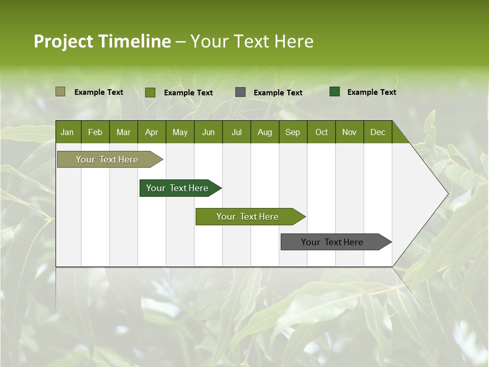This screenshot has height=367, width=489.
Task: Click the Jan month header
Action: [68, 132]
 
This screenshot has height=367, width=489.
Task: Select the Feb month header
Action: [95, 132]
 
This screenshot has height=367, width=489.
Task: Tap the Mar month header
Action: [123, 132]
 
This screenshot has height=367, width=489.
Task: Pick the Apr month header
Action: [152, 132]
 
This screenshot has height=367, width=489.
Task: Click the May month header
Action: [180, 132]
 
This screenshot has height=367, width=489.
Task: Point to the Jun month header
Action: [208, 132]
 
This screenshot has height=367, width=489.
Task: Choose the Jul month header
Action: [236, 132]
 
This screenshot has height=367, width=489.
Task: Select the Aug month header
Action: [265, 132]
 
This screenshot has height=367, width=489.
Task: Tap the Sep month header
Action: [293, 132]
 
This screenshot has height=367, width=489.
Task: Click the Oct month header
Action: [321, 132]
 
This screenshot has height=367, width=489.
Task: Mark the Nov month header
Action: [349, 132]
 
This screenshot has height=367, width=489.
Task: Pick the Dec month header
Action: [378, 132]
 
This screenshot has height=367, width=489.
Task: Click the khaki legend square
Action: [60, 92]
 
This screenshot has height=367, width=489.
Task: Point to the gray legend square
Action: [240, 92]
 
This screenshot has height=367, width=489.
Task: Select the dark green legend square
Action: [335, 92]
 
